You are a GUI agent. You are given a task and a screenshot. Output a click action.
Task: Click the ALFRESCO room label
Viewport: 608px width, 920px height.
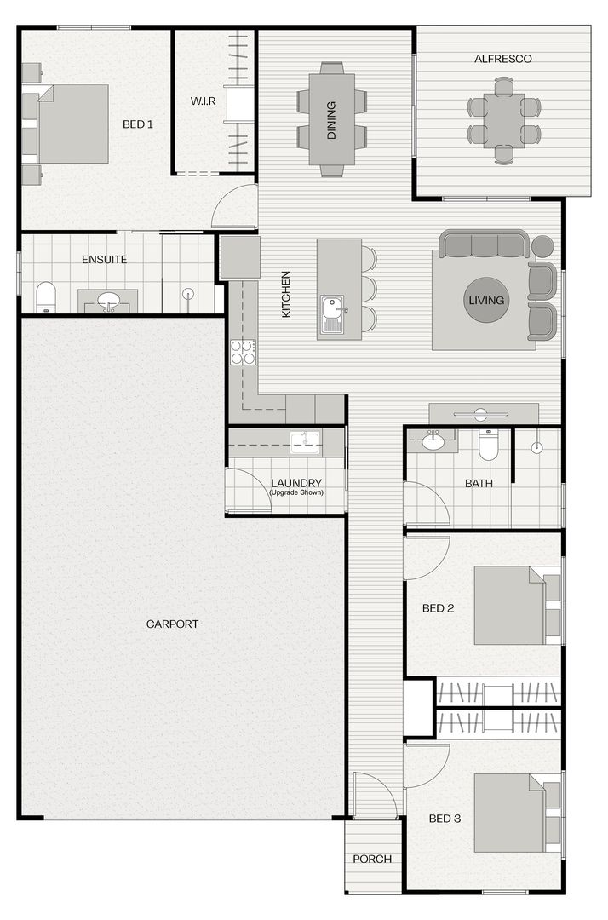pos(502,59)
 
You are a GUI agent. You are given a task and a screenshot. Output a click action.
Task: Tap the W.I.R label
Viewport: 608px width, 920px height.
pos(203,101)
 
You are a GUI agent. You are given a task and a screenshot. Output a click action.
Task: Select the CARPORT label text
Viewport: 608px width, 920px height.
pos(172,624)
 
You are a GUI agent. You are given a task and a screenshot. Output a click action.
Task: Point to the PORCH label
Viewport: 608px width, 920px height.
pos(372,859)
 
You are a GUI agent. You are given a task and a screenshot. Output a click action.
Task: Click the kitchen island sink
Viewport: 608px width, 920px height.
pos(332,314)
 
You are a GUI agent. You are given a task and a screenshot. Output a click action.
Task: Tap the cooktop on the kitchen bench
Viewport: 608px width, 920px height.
pos(243,352)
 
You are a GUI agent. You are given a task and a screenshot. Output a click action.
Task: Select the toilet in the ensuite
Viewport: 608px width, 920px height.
pos(45,297)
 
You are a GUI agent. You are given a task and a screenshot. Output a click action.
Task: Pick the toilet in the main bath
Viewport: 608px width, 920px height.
pos(488,445)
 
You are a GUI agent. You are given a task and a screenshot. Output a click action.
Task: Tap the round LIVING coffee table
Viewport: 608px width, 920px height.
pos(486,300)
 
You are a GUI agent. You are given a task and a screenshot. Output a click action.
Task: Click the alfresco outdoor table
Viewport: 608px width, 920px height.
pos(504,120)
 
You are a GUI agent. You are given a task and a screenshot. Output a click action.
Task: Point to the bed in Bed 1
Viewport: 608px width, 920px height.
pos(73,124)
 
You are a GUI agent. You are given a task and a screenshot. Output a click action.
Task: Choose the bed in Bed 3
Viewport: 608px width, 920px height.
pos(509,813)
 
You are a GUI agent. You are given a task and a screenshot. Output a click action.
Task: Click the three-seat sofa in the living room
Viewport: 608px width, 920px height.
pos(485,244)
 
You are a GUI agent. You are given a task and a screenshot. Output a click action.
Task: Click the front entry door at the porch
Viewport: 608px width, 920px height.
pos(376,796)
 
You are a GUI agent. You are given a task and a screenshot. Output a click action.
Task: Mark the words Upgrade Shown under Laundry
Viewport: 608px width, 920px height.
pos(296,492)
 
